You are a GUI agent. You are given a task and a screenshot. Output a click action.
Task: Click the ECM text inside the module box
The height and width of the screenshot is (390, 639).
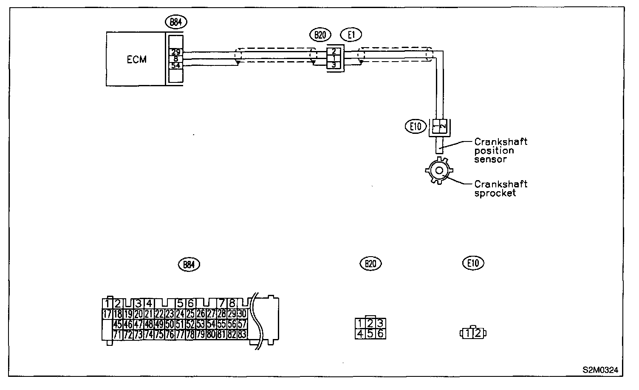pos(136,59)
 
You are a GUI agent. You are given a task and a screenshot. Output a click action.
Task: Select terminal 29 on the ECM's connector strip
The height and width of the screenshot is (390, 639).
pos(175,52)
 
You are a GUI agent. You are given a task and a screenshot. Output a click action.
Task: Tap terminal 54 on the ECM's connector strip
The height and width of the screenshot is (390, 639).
pos(175,65)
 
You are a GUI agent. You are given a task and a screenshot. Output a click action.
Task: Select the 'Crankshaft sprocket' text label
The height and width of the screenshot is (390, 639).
pos(500,188)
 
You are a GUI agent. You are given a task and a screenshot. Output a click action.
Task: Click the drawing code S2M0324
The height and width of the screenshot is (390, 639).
pos(600,370)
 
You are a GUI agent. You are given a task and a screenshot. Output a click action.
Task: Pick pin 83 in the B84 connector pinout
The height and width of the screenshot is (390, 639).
pos(242,334)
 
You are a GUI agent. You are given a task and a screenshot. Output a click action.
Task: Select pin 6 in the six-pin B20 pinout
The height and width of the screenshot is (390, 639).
pos(380,333)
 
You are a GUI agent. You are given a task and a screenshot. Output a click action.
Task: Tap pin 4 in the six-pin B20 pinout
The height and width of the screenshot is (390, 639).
pos(360,333)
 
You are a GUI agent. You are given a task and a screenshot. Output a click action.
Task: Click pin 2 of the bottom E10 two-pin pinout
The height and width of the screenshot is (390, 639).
pos(478,333)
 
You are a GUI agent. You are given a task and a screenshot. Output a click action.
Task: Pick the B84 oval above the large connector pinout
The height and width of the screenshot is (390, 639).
pos(189,264)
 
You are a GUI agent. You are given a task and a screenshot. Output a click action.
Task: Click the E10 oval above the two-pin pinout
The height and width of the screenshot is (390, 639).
pos(473,263)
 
